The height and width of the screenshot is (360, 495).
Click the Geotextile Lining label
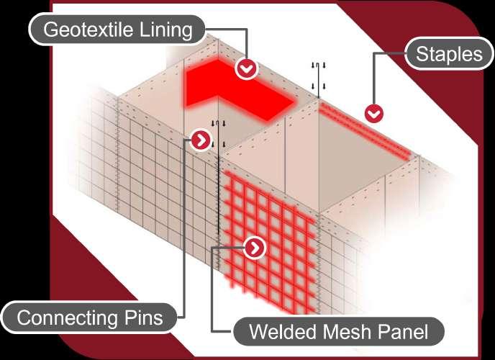pyautogui.click(x=118, y=30)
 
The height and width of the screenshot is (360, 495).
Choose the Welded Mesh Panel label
pyautogui.click(x=337, y=332)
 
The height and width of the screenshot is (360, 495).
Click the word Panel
pyautogui.click(x=404, y=332)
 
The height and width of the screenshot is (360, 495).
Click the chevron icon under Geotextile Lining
pyautogui.click(x=247, y=68)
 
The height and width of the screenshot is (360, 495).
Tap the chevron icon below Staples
pyautogui.click(x=373, y=113)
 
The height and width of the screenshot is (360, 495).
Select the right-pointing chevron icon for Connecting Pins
pyautogui.click(x=200, y=140)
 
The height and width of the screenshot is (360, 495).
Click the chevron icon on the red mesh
pyautogui.click(x=255, y=248)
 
